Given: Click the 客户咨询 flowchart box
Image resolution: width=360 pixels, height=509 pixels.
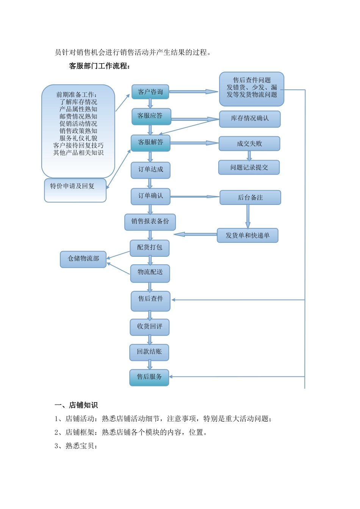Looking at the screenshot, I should click(x=150, y=92).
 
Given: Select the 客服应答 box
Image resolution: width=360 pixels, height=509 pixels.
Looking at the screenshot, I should click(x=151, y=116).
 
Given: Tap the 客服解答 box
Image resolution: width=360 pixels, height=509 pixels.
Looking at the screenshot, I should click(x=150, y=143).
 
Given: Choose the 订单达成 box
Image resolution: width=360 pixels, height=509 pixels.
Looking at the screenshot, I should click(x=150, y=170).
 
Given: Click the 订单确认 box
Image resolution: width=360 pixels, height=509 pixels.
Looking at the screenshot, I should click(x=150, y=196).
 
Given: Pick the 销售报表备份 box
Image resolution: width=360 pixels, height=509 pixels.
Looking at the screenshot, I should click(x=150, y=222).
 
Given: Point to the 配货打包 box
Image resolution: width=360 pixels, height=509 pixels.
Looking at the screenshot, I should click(x=150, y=248).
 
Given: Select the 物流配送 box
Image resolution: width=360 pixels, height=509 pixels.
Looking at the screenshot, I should click(x=150, y=273).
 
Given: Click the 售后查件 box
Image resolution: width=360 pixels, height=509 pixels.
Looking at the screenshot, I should click(x=150, y=301).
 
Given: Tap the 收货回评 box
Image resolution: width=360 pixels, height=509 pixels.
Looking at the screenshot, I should click(x=150, y=327).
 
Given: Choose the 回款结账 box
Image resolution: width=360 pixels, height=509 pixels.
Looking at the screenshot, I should click(x=149, y=352).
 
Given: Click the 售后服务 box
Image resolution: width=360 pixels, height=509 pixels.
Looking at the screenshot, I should click(x=149, y=378).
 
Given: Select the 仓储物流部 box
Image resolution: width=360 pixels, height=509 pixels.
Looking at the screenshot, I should click(x=83, y=259).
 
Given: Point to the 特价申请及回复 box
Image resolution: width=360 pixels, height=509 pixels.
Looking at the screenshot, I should click(x=75, y=190).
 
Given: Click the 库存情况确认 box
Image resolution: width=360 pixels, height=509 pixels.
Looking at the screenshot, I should click(x=250, y=119).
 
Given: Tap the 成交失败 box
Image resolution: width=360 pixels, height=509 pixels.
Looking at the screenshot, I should click(x=249, y=144).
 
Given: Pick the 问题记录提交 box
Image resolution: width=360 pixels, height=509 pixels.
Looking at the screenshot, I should click(x=249, y=167).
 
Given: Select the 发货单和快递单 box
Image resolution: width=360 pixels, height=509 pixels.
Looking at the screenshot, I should click(x=247, y=236).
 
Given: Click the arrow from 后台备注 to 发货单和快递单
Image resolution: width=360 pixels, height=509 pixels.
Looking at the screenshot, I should click(x=248, y=216).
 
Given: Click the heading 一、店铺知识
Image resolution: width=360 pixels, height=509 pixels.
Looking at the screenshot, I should click(x=76, y=405).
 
